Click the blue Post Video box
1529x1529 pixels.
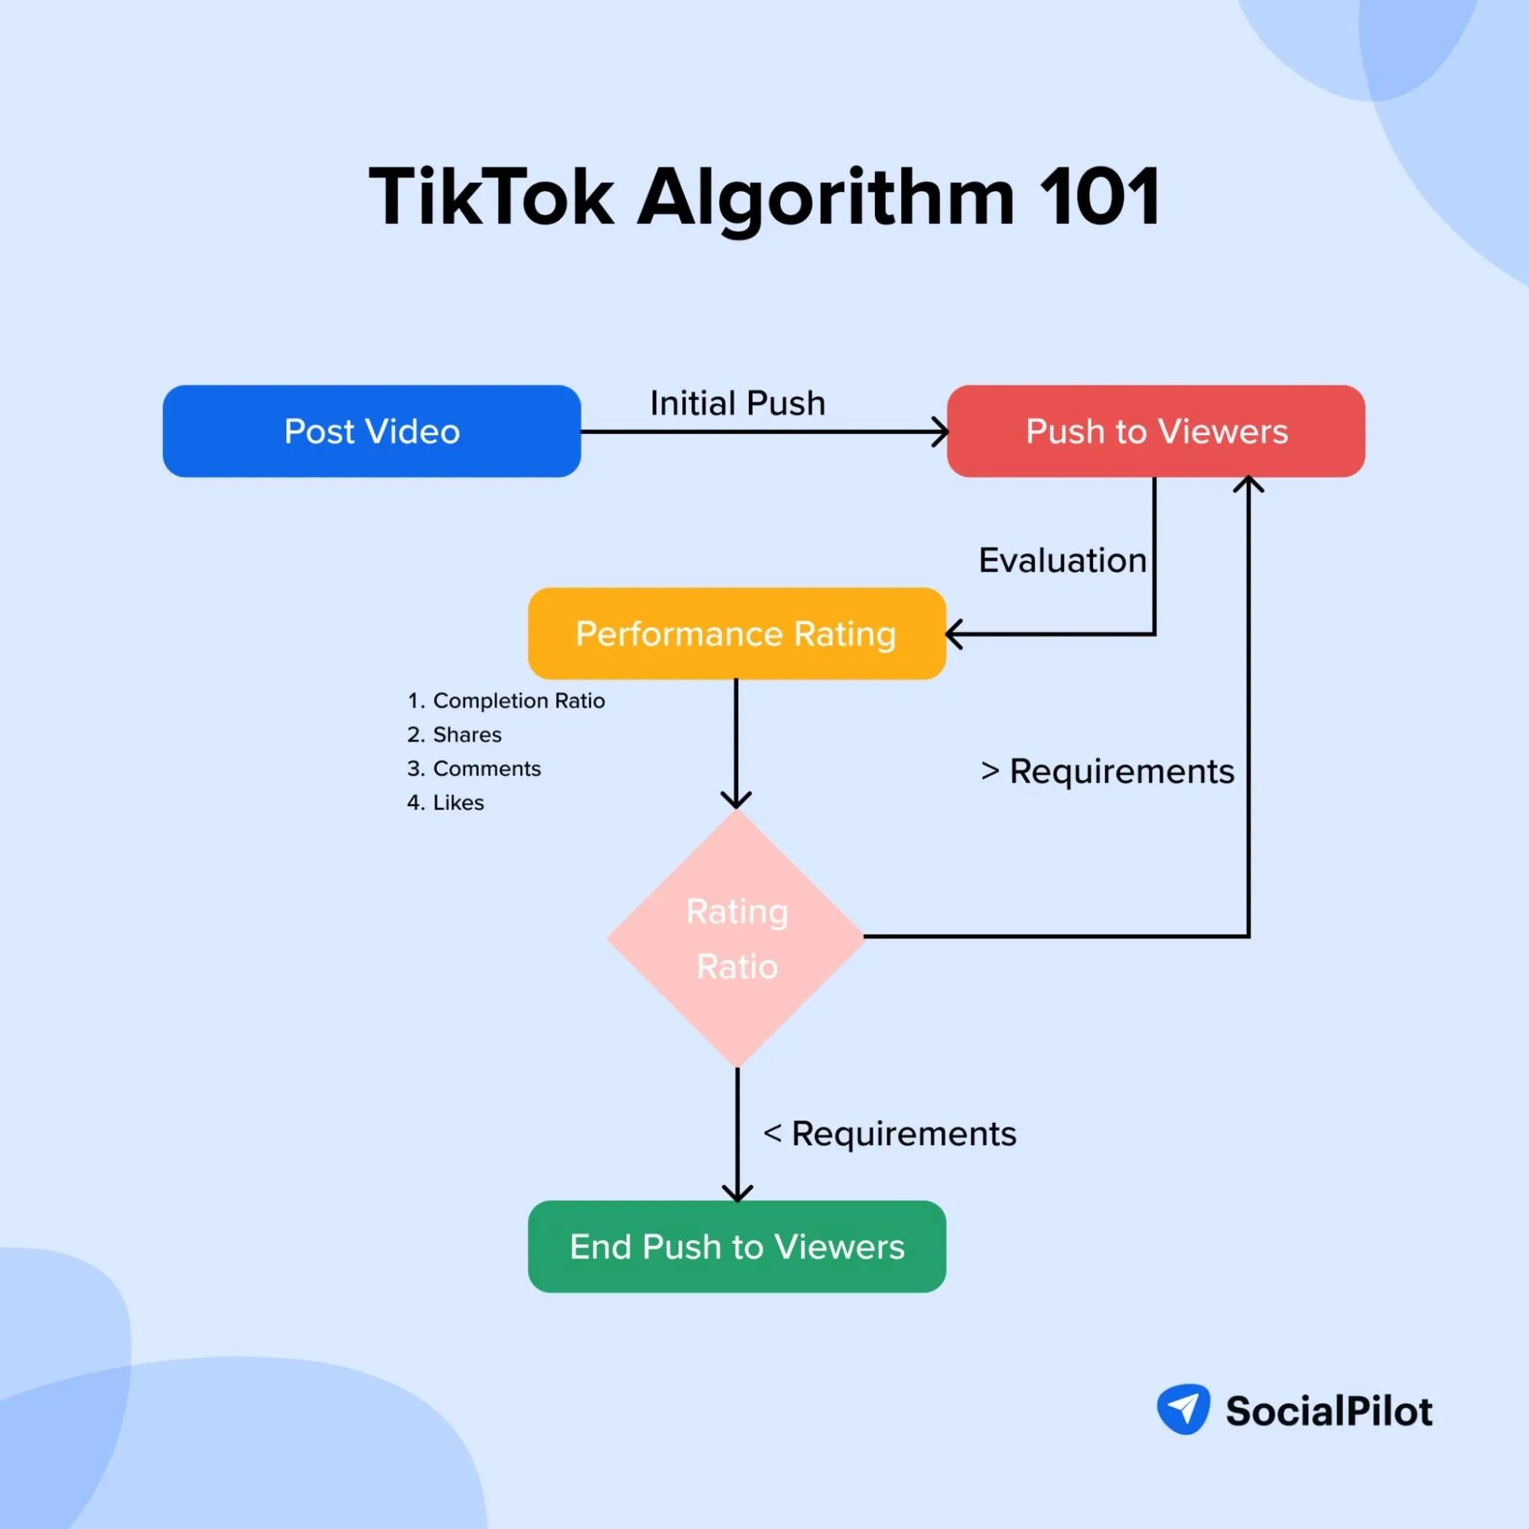[x=371, y=431]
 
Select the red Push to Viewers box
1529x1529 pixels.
[x=1156, y=431]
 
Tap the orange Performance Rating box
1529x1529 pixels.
[x=736, y=633]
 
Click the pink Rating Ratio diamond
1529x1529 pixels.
[x=736, y=938]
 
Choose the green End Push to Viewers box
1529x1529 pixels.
[x=736, y=1247]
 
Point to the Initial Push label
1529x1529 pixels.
[x=737, y=404]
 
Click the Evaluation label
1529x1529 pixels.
[x=1062, y=561]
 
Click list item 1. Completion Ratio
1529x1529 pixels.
[x=506, y=701]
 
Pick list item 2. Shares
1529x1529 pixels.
[x=454, y=734]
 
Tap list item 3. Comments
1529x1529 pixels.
[x=474, y=769]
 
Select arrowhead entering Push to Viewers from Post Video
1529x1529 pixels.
[x=941, y=432]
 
